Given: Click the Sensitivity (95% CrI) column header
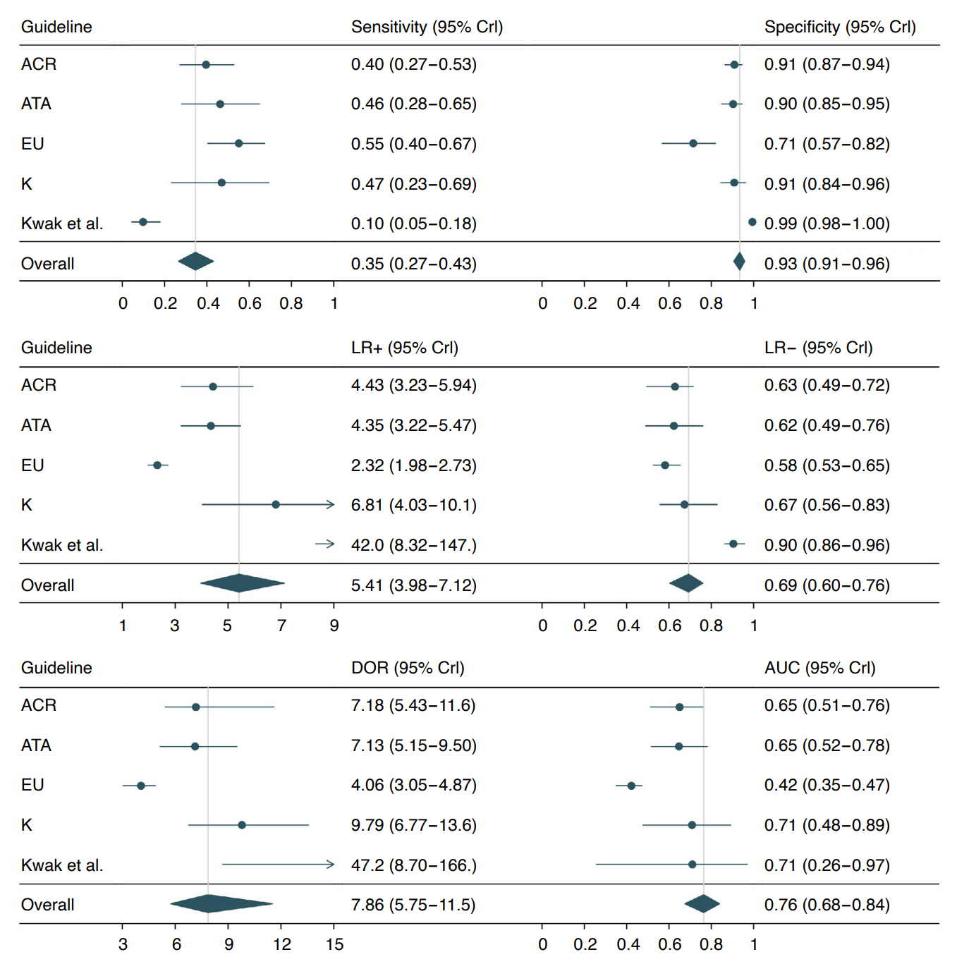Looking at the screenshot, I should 427,27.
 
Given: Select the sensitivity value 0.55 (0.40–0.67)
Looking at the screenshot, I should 413,144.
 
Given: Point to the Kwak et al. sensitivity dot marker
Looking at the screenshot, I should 143,222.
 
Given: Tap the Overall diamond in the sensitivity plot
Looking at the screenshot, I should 195,261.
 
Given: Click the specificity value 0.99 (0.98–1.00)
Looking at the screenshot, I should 827,224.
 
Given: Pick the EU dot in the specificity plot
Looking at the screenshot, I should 693,143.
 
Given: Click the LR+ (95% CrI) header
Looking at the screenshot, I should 404,348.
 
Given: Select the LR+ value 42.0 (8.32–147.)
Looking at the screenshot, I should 413,545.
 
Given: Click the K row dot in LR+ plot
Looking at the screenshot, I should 276,504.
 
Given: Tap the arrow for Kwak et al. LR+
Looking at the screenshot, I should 325,544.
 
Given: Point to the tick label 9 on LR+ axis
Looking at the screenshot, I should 334,626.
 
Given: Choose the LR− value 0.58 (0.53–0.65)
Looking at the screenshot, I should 827,465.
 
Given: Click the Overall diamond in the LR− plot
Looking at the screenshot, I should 686,583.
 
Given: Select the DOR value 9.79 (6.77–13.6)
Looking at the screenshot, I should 413,825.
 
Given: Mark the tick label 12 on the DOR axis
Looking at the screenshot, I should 282,944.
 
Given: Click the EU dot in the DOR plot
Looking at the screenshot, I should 141,786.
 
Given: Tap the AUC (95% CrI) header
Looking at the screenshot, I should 819,668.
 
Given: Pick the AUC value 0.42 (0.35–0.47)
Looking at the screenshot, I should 827,785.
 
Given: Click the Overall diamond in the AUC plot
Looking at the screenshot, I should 702,903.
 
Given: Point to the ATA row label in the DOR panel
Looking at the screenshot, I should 36,745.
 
